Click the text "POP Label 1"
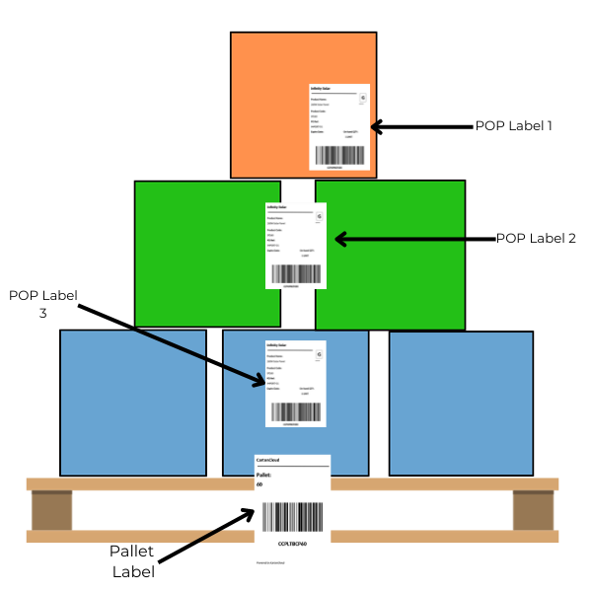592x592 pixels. point(514,126)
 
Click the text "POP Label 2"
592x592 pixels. point(535,238)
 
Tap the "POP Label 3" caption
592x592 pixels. point(43,304)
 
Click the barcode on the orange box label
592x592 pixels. point(339,155)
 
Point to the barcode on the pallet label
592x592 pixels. point(292,519)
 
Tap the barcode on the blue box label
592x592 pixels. point(296,411)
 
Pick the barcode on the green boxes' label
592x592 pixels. point(296,273)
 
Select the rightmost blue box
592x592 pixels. point(461,403)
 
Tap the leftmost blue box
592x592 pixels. point(132,403)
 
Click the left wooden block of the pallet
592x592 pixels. point(51,510)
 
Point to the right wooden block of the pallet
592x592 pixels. point(533,510)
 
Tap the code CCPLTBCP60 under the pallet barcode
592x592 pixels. point(292,543)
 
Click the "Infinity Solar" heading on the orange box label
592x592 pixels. point(322,89)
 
